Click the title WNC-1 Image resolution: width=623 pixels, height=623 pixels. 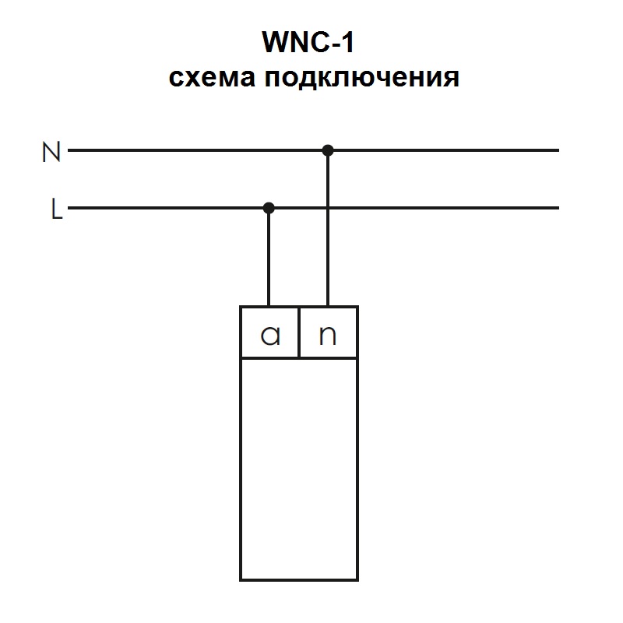pyautogui.click(x=309, y=43)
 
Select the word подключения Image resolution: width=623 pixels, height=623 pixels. pyautogui.click(x=361, y=79)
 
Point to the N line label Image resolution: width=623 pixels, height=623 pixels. pyautogui.click(x=51, y=152)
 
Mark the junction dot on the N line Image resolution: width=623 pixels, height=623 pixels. pyautogui.click(x=328, y=150)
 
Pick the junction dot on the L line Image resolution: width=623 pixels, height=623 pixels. pyautogui.click(x=269, y=208)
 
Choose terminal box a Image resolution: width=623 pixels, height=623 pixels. pyautogui.click(x=269, y=333)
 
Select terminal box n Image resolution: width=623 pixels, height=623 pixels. pyautogui.click(x=329, y=333)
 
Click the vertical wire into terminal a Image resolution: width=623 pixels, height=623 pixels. pyautogui.click(x=269, y=257)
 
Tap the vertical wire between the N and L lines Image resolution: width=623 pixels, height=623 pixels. pyautogui.click(x=328, y=179)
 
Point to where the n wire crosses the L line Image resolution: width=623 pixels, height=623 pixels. pyautogui.click(x=328, y=208)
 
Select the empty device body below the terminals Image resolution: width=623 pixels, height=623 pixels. pyautogui.click(x=299, y=467)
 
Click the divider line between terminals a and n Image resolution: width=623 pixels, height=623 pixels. pyautogui.click(x=299, y=333)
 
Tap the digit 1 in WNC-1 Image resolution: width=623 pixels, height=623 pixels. pyautogui.click(x=347, y=43)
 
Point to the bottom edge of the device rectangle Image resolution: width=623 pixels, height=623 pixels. pyautogui.click(x=299, y=579)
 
